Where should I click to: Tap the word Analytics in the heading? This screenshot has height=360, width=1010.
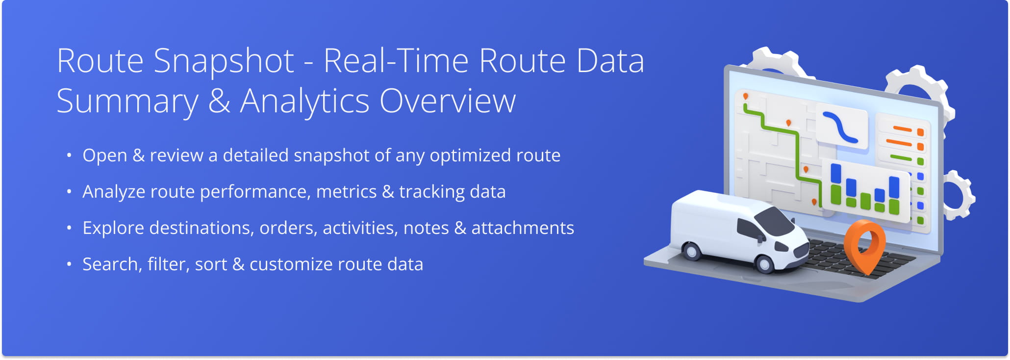pyautogui.click(x=304, y=101)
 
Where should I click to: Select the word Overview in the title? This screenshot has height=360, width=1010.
pyautogui.click(x=448, y=101)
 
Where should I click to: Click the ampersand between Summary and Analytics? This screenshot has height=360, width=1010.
pyautogui.click(x=219, y=101)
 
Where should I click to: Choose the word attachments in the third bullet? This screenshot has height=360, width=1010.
pyautogui.click(x=523, y=228)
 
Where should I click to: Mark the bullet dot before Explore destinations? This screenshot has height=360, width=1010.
pyautogui.click(x=69, y=228)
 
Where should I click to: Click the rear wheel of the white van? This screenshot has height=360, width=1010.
pyautogui.click(x=692, y=251)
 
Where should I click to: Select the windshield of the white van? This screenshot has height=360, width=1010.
pyautogui.click(x=775, y=220)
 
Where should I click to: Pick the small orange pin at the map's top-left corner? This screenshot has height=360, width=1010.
pyautogui.click(x=746, y=97)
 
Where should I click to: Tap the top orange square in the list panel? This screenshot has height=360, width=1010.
pyautogui.click(x=920, y=132)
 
